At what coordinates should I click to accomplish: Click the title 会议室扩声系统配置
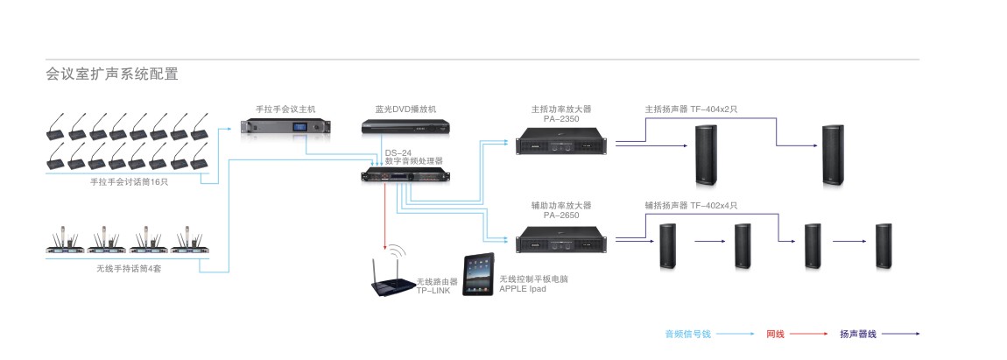point(112,74)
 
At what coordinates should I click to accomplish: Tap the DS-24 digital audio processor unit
point(405,177)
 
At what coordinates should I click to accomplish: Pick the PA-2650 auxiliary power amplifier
point(560,238)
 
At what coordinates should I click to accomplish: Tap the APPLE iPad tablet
point(479,276)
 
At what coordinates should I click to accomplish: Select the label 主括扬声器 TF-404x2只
point(691,109)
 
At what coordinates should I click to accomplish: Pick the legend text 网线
point(775,334)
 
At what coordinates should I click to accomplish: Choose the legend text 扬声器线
point(857,334)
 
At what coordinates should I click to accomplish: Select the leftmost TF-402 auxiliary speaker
point(668,246)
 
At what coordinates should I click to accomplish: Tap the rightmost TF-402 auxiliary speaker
point(883,246)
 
